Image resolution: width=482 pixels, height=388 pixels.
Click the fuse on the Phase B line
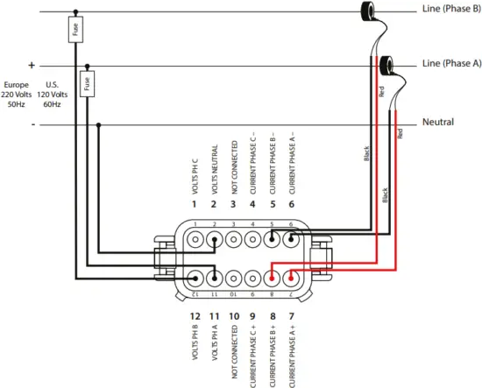[75, 32]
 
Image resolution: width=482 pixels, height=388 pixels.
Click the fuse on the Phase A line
[86, 84]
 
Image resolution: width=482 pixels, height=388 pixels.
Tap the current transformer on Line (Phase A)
[384, 64]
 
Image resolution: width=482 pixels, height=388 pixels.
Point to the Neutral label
[438, 122]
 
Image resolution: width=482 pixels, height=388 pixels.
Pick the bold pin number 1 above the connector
[194, 204]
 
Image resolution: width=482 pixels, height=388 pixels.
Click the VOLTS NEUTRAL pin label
[213, 170]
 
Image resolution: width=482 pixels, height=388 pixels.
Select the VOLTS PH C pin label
[194, 179]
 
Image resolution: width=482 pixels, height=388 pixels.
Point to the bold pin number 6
[292, 204]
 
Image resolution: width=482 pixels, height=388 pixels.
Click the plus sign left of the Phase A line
[32, 65]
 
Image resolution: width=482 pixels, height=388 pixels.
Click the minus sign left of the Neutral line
[32, 124]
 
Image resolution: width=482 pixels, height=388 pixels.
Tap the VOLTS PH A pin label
[213, 345]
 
